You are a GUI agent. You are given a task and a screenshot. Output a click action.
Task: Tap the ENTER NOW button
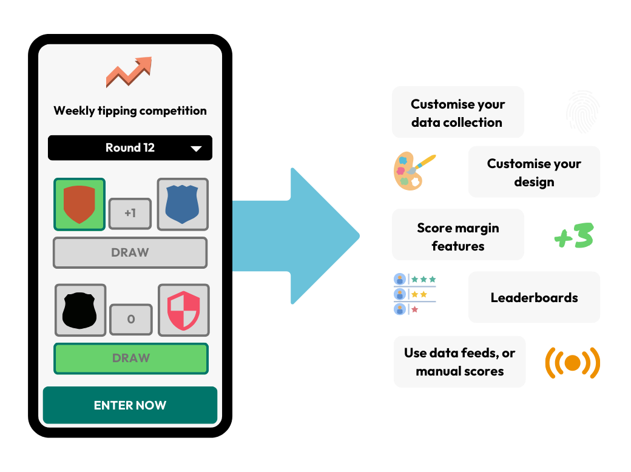(x=130, y=405)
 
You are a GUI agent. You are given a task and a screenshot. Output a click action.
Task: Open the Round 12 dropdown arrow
(x=196, y=149)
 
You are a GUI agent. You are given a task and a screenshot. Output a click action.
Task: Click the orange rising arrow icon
(x=129, y=72)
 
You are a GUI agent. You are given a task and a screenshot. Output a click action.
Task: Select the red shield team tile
(x=79, y=204)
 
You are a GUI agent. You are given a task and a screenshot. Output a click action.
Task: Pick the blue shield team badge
(x=183, y=204)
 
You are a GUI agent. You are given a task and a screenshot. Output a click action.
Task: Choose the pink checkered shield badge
(x=184, y=310)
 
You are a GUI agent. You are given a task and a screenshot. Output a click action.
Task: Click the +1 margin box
(x=130, y=214)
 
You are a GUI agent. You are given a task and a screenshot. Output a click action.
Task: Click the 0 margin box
(x=131, y=319)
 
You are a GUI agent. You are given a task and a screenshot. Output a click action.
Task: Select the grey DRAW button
(x=130, y=252)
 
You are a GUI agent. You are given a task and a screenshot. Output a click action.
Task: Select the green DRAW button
(x=130, y=358)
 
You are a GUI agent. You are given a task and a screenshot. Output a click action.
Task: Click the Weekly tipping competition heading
(x=130, y=110)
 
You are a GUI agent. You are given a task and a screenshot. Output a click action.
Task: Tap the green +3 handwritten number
(x=573, y=236)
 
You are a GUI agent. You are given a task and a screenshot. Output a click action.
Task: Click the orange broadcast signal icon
(x=572, y=362)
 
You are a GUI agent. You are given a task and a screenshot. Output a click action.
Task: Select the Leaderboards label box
(x=534, y=297)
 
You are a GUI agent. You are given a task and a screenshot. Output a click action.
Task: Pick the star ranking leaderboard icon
(x=415, y=294)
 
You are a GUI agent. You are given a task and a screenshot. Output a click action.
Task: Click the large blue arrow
(x=297, y=236)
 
